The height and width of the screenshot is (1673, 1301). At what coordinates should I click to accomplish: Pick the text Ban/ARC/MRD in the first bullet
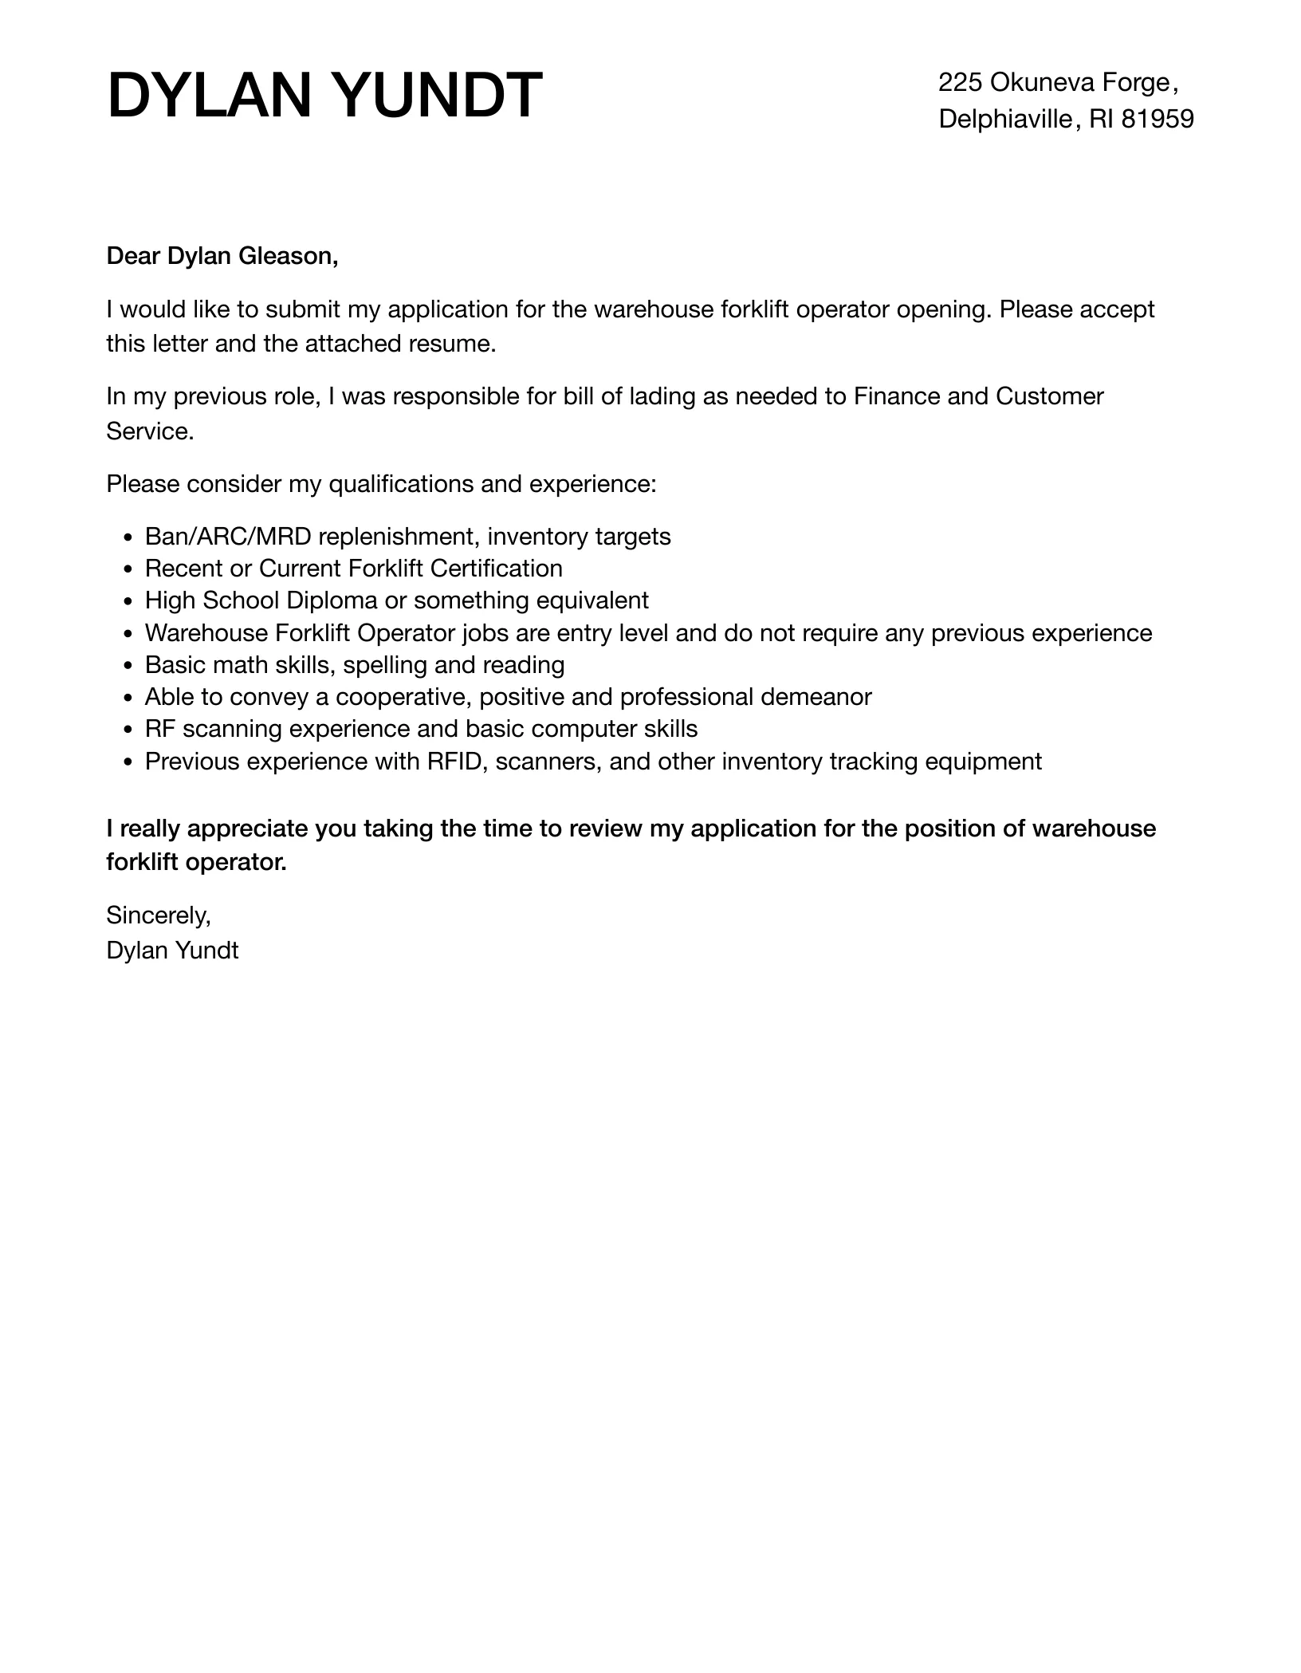[x=228, y=537]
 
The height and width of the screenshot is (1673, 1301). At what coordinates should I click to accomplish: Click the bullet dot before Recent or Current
[x=130, y=569]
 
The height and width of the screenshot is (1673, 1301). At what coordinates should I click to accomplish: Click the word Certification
[x=496, y=569]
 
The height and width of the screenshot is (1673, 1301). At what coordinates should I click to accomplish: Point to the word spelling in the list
[x=385, y=665]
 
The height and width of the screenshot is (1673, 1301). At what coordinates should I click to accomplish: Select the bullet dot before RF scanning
[x=130, y=730]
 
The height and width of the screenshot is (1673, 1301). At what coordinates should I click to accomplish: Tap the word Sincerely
[x=159, y=915]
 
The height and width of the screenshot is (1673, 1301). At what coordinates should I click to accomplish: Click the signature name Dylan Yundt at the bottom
[x=172, y=951]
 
